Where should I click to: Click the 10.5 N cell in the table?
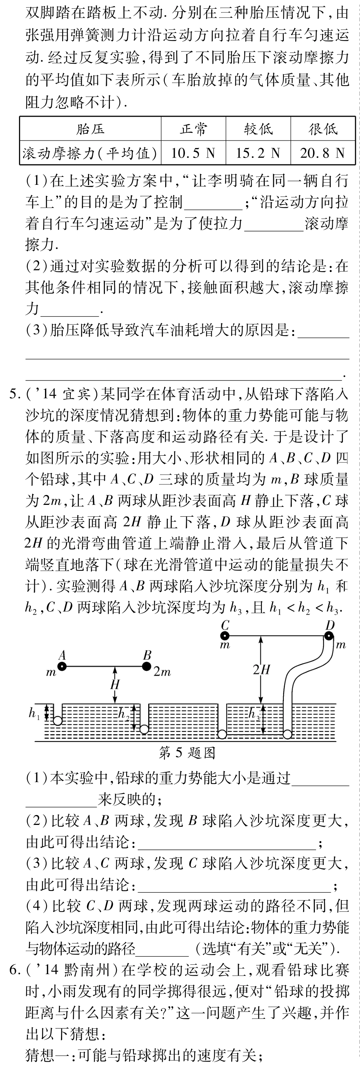click(193, 153)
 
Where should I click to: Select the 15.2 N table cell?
click(258, 153)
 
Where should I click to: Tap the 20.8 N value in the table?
click(322, 153)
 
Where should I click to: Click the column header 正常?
click(193, 129)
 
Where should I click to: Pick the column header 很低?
click(322, 129)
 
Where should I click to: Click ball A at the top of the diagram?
click(62, 667)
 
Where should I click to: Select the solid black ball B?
click(147, 667)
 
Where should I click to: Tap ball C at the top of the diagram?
click(225, 636)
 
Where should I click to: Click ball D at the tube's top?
click(329, 636)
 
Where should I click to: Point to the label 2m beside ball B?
click(162, 672)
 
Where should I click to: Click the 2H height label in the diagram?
click(261, 669)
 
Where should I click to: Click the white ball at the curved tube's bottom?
click(288, 734)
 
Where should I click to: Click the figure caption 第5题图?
click(187, 752)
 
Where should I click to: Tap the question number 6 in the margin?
click(14, 970)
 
